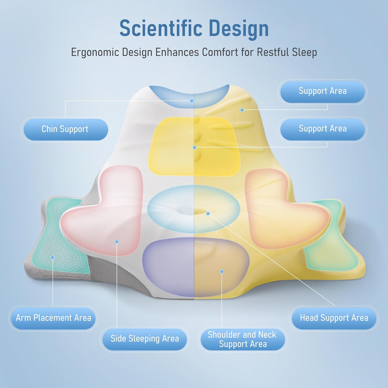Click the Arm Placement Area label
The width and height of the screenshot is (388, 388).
53,318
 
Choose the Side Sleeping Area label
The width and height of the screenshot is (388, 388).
145,339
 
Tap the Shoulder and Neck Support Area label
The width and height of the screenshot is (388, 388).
242,339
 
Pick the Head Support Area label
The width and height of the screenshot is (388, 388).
334,318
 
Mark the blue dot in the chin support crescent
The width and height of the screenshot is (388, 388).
192,101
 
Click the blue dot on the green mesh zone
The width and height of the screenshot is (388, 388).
53,257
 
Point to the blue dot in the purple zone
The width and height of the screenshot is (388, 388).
222,272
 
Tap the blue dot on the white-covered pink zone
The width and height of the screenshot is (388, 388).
117,242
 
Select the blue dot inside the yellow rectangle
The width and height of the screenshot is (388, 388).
195,147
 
